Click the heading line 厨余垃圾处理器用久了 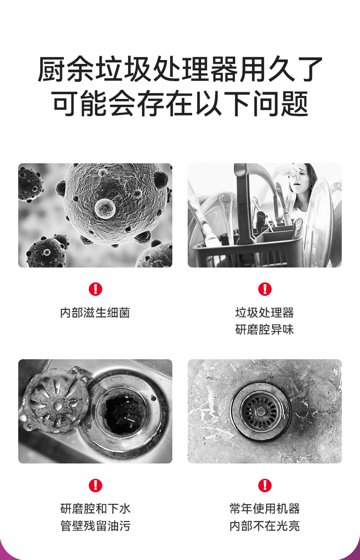[180, 70]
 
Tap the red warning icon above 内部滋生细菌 [96, 289]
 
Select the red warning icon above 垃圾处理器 [264, 289]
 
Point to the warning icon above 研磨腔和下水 [96, 485]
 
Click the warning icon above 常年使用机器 [264, 485]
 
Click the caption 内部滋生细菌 [95, 313]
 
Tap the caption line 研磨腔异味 [264, 330]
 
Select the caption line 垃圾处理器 [264, 313]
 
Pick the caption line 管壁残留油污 [95, 526]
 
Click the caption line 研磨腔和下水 [95, 509]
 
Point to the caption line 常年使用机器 [264, 509]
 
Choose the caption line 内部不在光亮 [264, 526]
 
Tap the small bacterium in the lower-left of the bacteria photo [46, 252]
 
